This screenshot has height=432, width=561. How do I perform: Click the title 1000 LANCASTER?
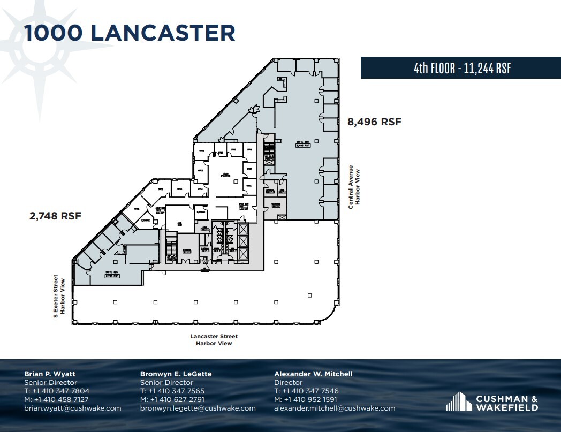[x=130, y=33]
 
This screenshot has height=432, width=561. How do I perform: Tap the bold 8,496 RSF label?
[x=375, y=122]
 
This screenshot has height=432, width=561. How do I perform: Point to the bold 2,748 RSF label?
[x=56, y=216]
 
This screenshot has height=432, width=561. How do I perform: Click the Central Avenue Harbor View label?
[x=354, y=187]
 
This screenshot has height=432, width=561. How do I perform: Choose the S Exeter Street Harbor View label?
[x=58, y=297]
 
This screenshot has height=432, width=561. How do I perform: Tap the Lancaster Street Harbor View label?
[x=214, y=340]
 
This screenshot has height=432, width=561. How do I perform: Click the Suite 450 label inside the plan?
[x=303, y=143]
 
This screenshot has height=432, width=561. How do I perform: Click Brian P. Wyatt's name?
[x=50, y=374]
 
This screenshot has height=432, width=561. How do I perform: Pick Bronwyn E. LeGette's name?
[x=176, y=374]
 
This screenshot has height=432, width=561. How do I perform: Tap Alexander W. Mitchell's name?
[x=313, y=374]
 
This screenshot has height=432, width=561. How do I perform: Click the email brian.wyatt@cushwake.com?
[x=73, y=408]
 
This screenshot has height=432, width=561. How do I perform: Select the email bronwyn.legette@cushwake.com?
[x=198, y=408]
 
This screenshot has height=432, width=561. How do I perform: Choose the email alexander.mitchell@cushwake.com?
[x=335, y=408]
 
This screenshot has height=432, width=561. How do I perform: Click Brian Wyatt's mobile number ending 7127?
[x=56, y=399]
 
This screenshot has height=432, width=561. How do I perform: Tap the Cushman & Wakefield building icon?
[x=457, y=401]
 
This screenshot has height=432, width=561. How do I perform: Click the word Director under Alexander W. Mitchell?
[x=289, y=382]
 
